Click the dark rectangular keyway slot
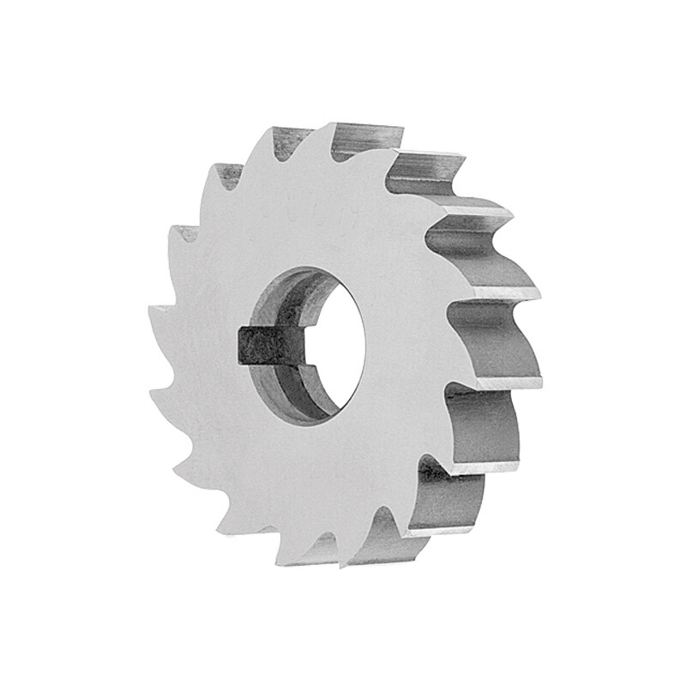(x=268, y=344)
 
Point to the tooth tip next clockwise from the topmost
(x=394, y=154)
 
